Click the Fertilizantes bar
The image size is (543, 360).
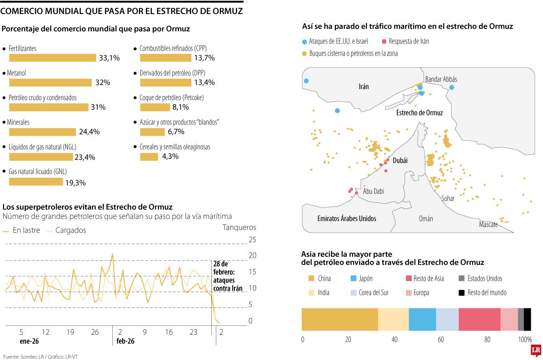[x=52, y=58]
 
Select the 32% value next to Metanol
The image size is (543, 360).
[x=102, y=82]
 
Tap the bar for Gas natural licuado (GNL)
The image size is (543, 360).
[x=36, y=182]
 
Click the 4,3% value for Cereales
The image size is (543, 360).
[x=170, y=157]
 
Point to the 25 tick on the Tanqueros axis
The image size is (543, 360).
[x=252, y=240]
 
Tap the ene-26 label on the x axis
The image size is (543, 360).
[x=29, y=341]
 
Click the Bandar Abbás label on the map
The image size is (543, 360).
[x=441, y=79]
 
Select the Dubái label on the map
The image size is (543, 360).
[x=400, y=161]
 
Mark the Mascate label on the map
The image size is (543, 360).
[x=488, y=225]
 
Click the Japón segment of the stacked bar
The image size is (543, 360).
[x=422, y=319]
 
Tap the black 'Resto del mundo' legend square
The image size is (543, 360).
[x=462, y=293]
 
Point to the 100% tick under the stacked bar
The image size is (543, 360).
[x=524, y=340]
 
